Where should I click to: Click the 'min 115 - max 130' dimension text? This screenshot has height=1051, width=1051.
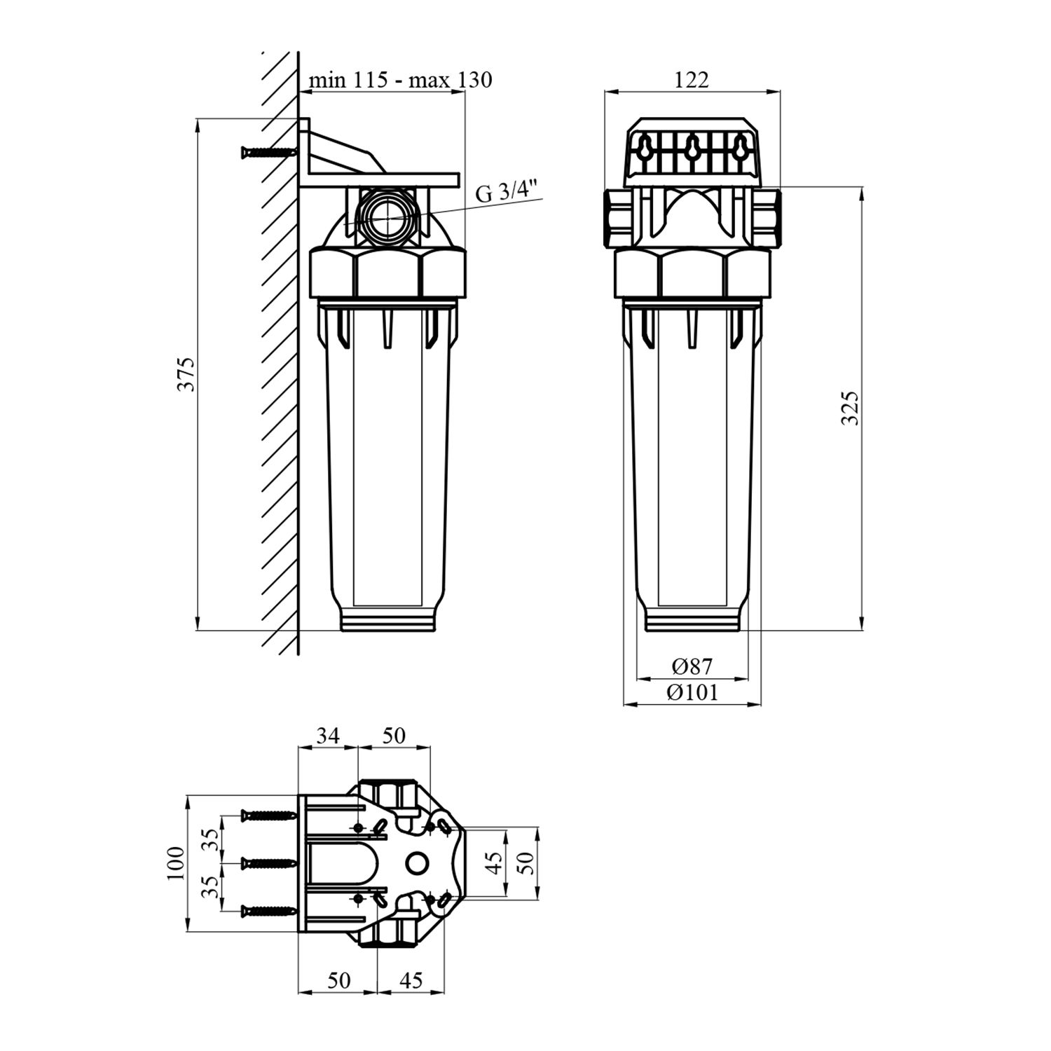coord(401,80)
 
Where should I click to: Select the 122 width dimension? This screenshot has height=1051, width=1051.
coord(692,80)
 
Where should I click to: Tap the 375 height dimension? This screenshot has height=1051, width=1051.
coord(186,374)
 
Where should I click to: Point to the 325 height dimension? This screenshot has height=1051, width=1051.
coord(850,408)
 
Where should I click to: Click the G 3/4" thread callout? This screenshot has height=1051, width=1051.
coord(505,191)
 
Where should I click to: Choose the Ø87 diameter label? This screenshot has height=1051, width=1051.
coord(692,666)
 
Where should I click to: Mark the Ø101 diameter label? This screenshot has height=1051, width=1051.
coord(692,692)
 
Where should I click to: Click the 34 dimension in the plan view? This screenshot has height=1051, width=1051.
coord(328,735)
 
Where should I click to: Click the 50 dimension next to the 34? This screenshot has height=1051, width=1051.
coord(393,735)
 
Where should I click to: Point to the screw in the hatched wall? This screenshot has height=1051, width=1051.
coord(268,151)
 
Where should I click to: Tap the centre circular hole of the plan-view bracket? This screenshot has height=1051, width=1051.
coord(417,863)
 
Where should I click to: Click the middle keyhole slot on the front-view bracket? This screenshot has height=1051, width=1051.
coord(692,148)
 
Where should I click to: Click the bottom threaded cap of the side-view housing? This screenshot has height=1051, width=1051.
coord(388,619)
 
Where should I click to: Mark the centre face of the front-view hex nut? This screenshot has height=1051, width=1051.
coord(692,275)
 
